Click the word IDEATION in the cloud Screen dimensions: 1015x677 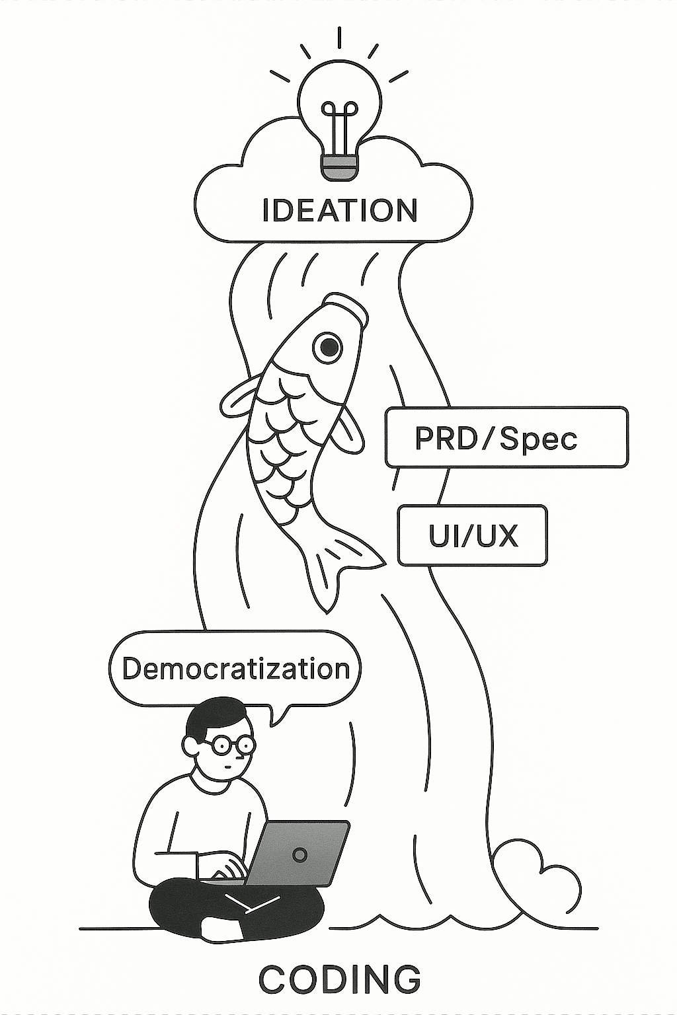(340, 210)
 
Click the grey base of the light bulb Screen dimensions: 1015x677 (340, 167)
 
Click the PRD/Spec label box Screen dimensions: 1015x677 (506, 437)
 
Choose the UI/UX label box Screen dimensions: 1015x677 (472, 536)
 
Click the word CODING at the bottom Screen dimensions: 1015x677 (339, 979)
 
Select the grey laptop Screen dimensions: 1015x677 (298, 853)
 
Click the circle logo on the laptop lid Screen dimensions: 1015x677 (299, 854)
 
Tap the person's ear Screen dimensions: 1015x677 (192, 747)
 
